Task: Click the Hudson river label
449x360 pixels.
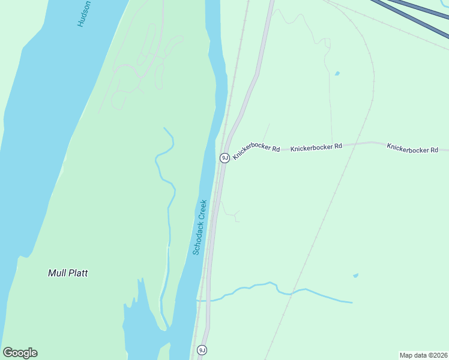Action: pyautogui.click(x=84, y=14)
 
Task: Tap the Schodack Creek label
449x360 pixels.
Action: pyautogui.click(x=200, y=227)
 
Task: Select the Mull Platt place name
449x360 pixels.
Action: pyautogui.click(x=68, y=273)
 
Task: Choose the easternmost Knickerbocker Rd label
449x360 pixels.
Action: pyautogui.click(x=412, y=148)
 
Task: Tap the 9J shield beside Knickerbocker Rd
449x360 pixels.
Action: pyautogui.click(x=224, y=158)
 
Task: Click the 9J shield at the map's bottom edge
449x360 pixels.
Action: pyautogui.click(x=202, y=350)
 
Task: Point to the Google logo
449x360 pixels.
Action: pyautogui.click(x=20, y=353)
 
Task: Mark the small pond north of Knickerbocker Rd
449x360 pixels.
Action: pyautogui.click(x=337, y=74)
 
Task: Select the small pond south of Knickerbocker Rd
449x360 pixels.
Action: pyautogui.click(x=356, y=275)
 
